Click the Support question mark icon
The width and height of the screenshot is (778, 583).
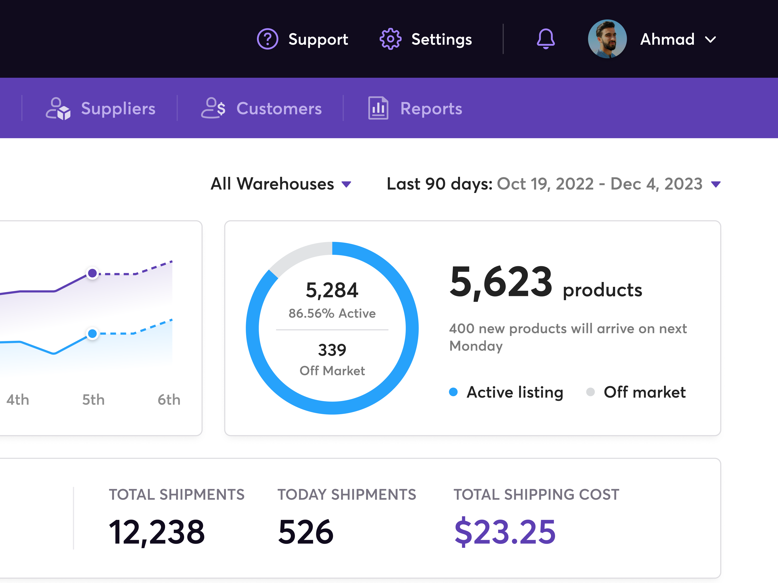coord(267,39)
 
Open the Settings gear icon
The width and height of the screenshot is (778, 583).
coord(390,39)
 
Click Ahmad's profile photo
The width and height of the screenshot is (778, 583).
coord(607,39)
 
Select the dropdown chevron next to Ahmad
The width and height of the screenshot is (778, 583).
coord(710,40)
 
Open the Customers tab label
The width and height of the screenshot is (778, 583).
coord(279,109)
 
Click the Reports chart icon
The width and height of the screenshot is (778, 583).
coord(378,108)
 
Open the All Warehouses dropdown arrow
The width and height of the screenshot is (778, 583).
coord(346,184)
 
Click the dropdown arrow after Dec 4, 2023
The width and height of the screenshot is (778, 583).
coord(716,184)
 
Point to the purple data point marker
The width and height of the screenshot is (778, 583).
coord(92,273)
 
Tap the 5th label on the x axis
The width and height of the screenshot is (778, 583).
coord(93,400)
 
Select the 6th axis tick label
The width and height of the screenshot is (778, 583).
coord(169,400)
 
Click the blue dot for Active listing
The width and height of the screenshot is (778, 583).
coord(453,392)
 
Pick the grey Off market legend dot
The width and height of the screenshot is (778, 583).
coord(591,392)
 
